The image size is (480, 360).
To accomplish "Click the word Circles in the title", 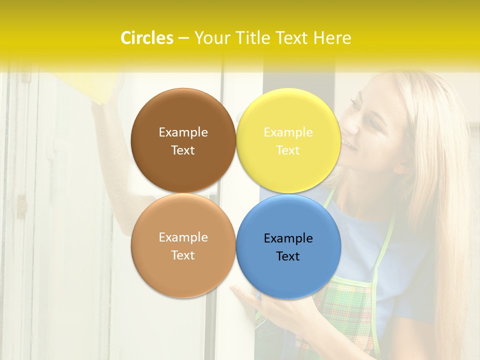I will point(146,38).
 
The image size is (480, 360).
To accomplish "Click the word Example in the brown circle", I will point(183,132).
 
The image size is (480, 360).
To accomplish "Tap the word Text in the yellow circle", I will point(288,150).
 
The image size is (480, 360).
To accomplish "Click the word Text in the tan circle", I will point(183,255).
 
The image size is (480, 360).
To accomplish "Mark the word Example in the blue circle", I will point(288,238).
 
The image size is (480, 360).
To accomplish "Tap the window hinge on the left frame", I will point(21,206).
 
